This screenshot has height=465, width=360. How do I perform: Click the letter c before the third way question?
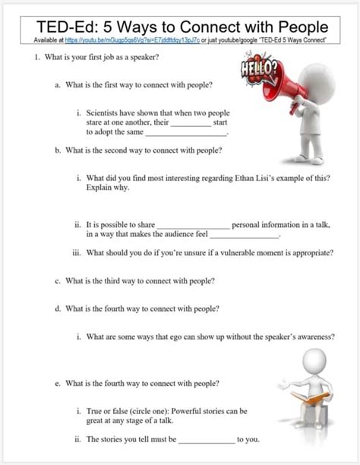57,280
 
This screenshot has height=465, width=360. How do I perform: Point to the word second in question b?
124,150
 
